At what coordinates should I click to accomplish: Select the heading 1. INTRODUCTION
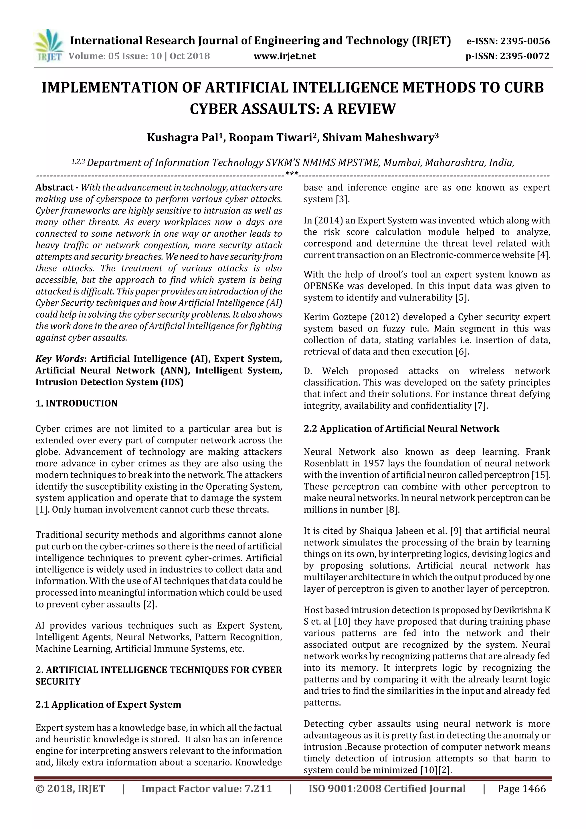(77, 403)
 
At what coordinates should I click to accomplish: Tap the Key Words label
(60, 359)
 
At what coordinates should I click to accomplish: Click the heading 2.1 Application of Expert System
(108, 705)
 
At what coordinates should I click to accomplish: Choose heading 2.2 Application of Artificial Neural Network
(401, 429)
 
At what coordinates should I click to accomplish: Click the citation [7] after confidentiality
(481, 406)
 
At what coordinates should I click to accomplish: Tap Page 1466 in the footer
(521, 789)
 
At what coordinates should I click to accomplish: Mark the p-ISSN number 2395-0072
(524, 56)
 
